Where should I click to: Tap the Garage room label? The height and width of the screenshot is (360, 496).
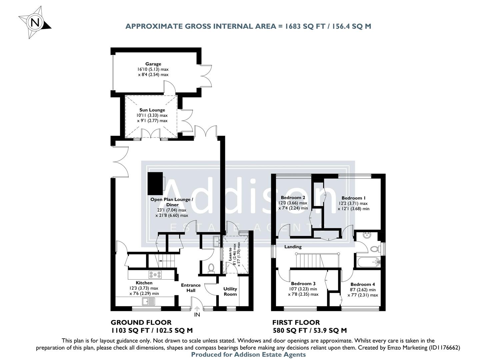pos(153,64)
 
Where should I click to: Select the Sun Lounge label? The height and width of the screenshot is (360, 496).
pos(152,110)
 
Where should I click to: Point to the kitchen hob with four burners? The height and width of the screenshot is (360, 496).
pos(155,275)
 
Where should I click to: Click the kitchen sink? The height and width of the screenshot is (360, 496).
pos(148,301)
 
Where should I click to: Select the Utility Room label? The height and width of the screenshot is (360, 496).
pos(230,291)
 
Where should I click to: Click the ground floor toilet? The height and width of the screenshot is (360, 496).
pos(210,267)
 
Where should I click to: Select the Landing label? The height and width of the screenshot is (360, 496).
pos(293,247)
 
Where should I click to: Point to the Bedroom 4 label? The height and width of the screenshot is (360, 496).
pos(363,284)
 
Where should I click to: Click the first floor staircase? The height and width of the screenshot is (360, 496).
pos(308,260)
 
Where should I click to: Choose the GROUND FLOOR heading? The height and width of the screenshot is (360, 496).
pos(141,322)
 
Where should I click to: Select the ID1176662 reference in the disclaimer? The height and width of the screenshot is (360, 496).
pos(443,347)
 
